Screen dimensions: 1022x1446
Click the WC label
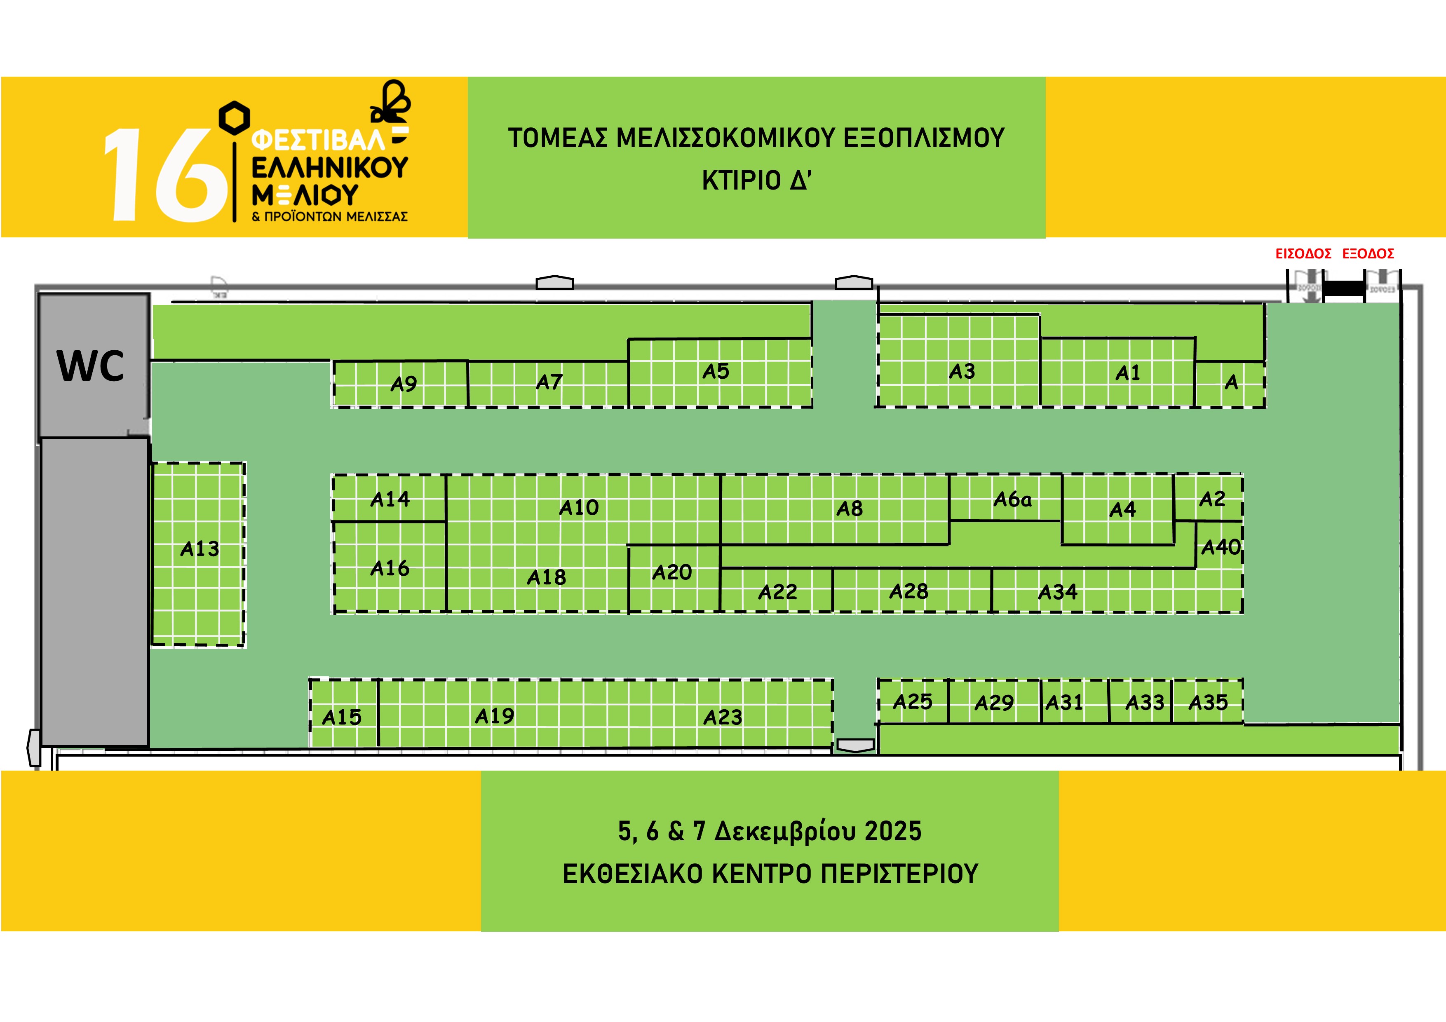tap(91, 366)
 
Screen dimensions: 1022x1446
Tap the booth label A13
tap(200, 549)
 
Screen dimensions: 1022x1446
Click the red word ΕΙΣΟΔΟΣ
tap(1303, 254)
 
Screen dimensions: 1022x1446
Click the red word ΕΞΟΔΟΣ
tap(1368, 254)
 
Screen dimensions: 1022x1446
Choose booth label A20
tap(672, 572)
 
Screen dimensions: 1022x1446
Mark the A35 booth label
tap(1208, 702)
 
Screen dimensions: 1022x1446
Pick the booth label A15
tap(341, 717)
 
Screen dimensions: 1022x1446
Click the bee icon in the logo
tap(391, 102)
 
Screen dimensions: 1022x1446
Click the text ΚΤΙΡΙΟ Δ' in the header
tap(756, 181)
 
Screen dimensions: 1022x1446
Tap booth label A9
tap(404, 384)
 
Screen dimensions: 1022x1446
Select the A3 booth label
tap(962, 372)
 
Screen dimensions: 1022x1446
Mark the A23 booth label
tap(722, 717)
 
